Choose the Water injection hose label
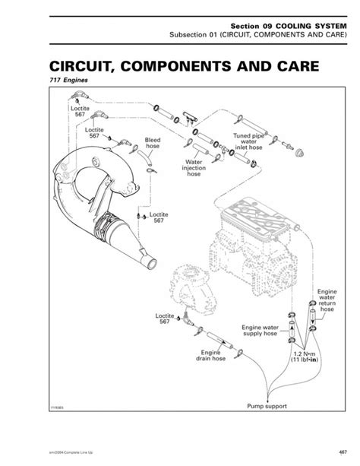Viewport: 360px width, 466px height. pos(194,168)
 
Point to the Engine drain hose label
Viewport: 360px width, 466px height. pos(211,357)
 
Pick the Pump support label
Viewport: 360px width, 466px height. pos(267,406)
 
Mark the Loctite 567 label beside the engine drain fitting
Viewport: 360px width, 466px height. pos(165,317)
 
